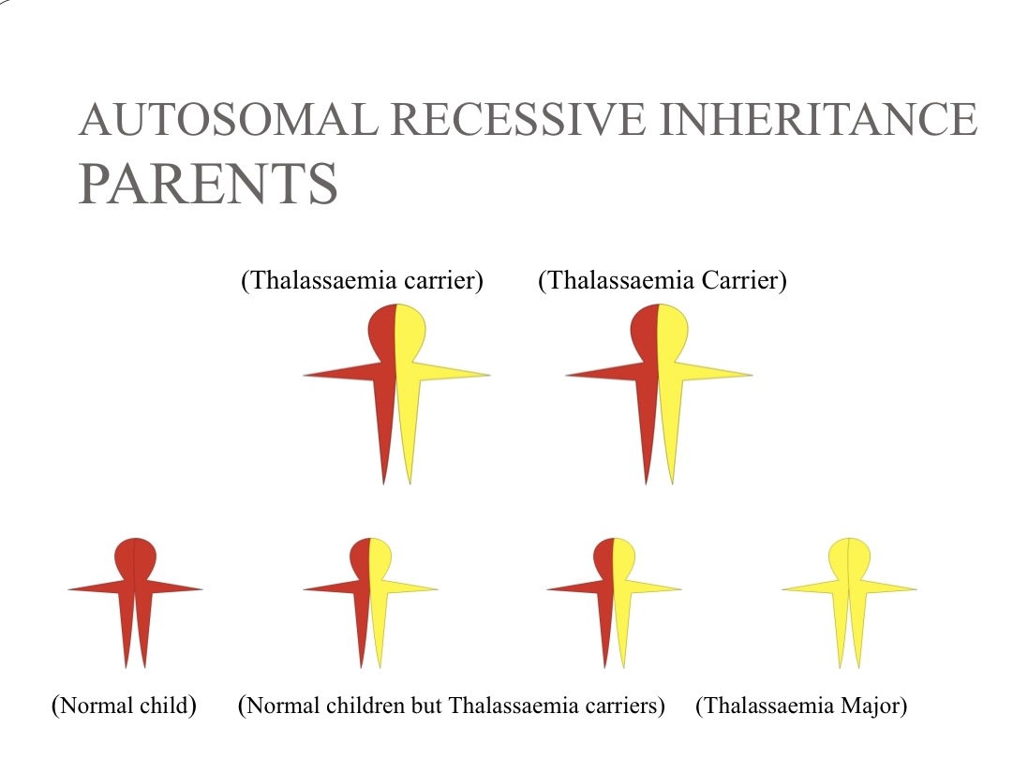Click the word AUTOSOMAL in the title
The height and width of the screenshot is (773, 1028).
228,119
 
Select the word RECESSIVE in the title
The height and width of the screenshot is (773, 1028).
518,119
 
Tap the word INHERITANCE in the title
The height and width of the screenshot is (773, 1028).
818,119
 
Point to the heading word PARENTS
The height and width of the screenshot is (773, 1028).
208,184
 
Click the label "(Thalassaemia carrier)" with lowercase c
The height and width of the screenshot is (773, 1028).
362,280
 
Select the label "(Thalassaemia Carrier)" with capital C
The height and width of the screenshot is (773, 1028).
663,280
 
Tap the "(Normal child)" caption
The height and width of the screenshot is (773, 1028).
124,706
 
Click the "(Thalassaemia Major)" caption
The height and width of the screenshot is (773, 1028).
801,706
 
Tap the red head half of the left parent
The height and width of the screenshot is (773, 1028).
382,331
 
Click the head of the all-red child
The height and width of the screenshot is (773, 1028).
135,557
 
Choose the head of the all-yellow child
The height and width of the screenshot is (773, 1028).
849,557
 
